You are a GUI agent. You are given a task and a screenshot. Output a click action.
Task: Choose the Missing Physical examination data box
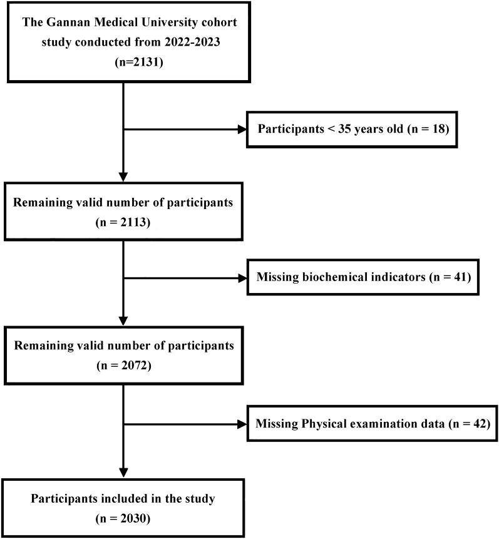pyautogui.click(x=372, y=423)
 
